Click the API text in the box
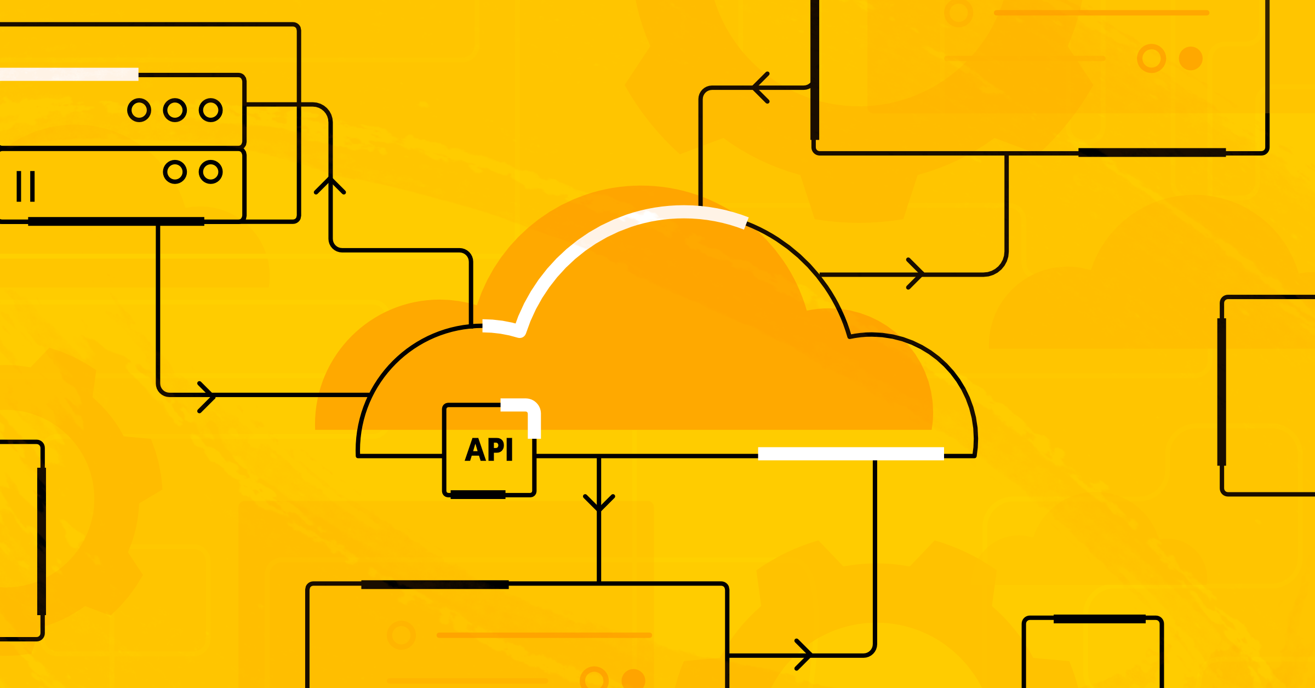[489, 450]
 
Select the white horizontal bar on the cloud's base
[850, 454]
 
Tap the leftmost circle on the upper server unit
[139, 110]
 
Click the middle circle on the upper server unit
[175, 110]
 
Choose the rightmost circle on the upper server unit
[211, 110]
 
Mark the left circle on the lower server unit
[175, 172]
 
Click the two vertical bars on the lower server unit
[26, 186]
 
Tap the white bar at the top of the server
[69, 74]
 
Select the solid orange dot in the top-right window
[1191, 58]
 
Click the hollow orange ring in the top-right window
[1151, 58]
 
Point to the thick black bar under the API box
[478, 495]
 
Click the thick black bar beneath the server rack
[116, 221]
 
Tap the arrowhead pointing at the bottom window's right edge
[804, 655]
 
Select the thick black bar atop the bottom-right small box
[1100, 619]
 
